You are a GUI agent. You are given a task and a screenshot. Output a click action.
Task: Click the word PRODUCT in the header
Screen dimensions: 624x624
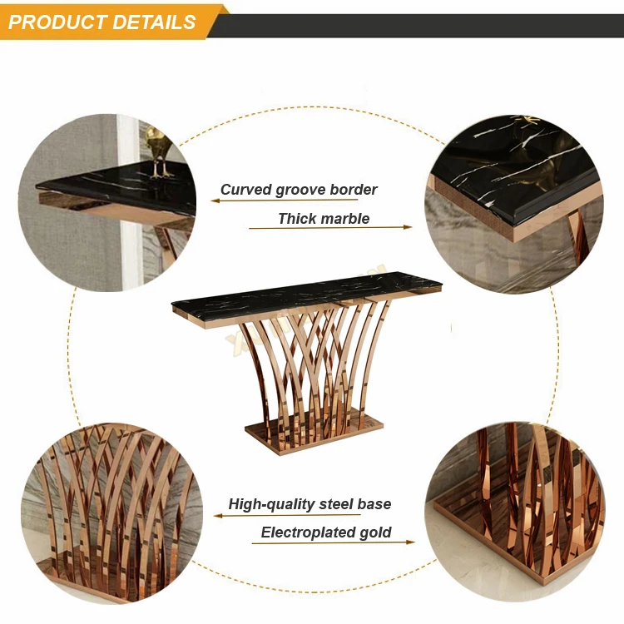[56, 22]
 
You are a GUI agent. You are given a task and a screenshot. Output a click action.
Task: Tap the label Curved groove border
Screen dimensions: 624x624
[299, 190]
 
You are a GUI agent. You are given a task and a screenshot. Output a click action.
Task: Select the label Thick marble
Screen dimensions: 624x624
[324, 219]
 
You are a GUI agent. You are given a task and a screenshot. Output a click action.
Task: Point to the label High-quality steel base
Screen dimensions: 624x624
[310, 504]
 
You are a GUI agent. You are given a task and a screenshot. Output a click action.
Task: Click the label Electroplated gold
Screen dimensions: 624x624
[326, 532]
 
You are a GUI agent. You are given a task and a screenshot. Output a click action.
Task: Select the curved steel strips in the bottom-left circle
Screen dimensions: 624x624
[108, 499]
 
